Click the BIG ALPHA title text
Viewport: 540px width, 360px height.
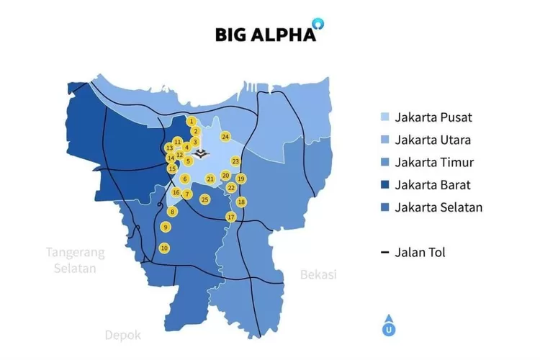tap(265, 35)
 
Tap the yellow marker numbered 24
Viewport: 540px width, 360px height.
tap(225, 136)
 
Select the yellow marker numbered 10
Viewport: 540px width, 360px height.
tap(164, 248)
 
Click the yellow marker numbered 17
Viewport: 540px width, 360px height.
tap(231, 217)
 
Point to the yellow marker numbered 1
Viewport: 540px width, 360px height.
tap(191, 122)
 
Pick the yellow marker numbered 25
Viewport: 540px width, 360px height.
tap(205, 199)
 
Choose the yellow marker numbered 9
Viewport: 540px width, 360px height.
tap(166, 228)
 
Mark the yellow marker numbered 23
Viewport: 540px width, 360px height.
tap(235, 161)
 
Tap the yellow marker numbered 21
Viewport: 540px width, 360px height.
tap(210, 179)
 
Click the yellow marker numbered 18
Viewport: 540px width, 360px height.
tap(241, 202)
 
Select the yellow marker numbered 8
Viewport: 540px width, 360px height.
tap(172, 212)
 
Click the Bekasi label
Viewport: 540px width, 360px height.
tap(318, 274)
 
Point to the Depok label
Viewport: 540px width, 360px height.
tap(123, 335)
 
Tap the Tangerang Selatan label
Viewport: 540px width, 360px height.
tap(76, 260)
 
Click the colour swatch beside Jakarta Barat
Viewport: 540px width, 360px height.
tap(385, 185)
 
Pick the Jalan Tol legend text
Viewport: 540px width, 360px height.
tap(420, 252)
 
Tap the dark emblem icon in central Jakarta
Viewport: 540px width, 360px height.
tap(202, 153)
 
